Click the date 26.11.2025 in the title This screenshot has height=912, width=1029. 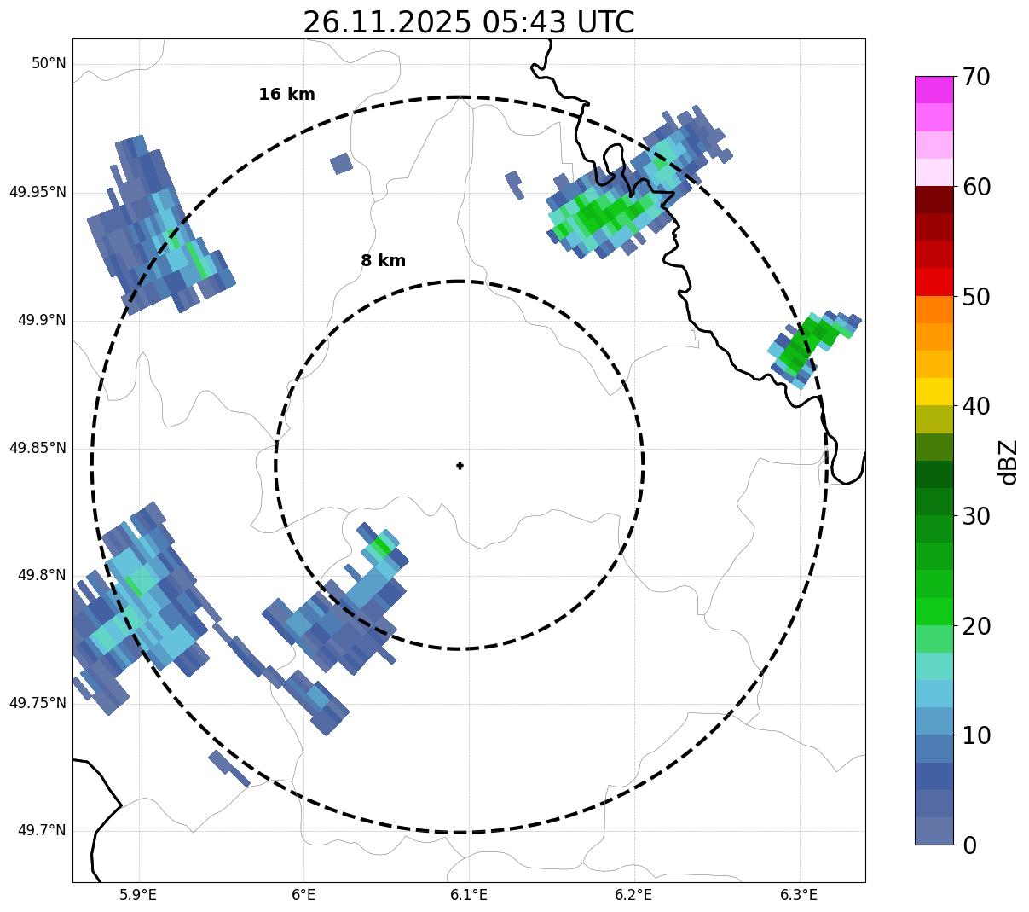point(386,22)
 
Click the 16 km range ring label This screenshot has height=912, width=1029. point(286,95)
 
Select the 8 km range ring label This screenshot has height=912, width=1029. point(383,261)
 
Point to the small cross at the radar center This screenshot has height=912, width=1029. point(460,465)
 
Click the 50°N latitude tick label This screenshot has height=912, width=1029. point(49,64)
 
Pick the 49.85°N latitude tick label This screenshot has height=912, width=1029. point(38,448)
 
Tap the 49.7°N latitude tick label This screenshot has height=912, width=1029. point(42,831)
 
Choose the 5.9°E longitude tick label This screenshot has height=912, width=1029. point(138,895)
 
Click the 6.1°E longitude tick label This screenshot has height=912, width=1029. point(468,895)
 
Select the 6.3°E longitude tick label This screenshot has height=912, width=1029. point(798,895)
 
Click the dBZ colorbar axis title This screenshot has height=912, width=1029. point(1009,462)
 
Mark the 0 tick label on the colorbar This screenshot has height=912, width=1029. point(970,845)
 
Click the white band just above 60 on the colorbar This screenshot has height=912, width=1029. point(934,172)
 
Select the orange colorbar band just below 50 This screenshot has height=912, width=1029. point(934,309)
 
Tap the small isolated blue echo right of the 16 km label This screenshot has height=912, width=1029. point(341,163)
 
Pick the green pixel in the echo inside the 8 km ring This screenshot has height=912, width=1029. point(381,546)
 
